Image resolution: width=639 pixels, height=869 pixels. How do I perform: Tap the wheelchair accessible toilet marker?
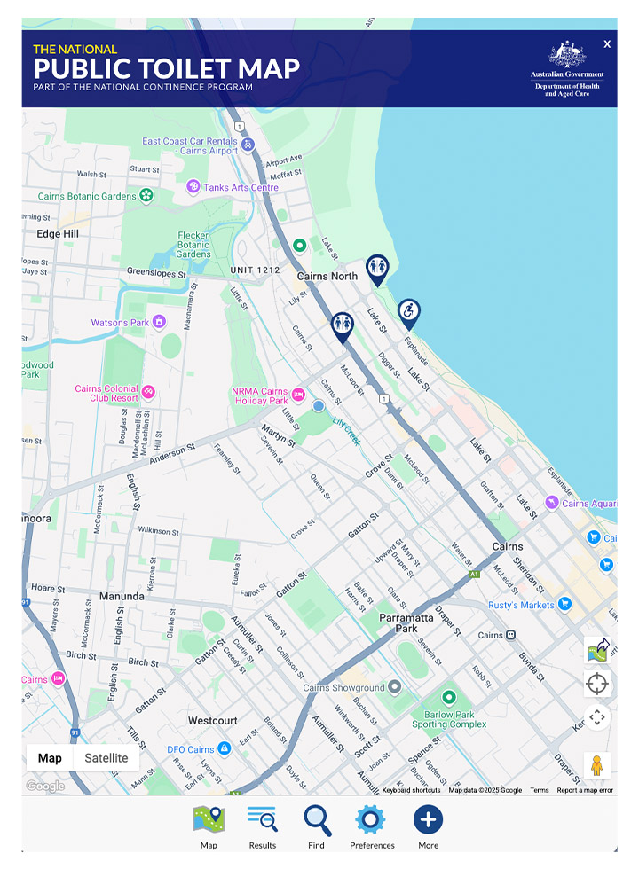point(408,312)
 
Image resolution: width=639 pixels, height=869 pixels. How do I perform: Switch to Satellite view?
point(106,758)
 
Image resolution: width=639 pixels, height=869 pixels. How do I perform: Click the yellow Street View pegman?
point(597,764)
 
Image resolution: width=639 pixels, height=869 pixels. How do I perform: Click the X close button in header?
point(607,43)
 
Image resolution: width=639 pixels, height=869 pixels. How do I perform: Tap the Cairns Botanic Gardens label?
point(87,196)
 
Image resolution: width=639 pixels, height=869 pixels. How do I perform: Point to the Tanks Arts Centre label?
point(241,187)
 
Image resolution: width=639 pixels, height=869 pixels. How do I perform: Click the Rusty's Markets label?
point(521,605)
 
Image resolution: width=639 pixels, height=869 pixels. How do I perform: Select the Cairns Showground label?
point(343,687)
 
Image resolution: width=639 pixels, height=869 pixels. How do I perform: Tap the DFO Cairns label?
point(191,749)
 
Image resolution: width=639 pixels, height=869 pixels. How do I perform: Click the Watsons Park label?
point(121,323)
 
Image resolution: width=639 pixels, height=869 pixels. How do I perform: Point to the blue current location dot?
point(319,406)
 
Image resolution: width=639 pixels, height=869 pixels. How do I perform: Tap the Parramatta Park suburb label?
point(406,622)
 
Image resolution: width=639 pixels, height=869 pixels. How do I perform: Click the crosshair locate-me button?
point(597,684)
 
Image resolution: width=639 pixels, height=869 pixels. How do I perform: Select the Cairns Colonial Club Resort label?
point(106,394)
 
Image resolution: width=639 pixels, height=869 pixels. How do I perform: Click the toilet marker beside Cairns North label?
point(378,268)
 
